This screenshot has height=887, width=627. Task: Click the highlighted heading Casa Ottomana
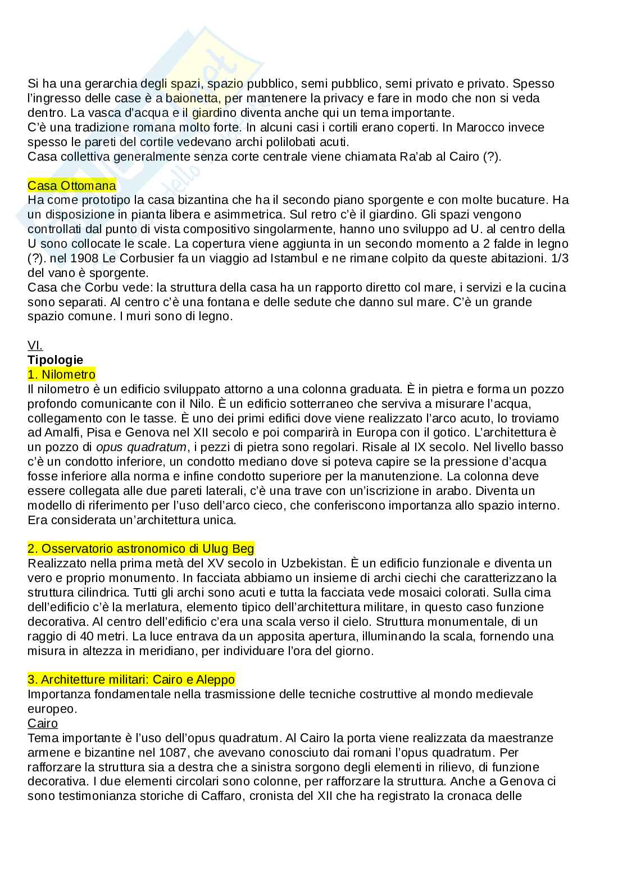click(x=72, y=185)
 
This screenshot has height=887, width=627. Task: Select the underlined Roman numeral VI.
click(x=35, y=345)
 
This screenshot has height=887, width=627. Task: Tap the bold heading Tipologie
click(x=55, y=360)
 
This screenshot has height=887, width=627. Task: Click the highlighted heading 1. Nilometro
click(x=61, y=375)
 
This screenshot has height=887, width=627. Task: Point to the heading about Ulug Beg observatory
click(x=140, y=549)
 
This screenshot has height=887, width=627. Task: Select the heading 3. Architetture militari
click(x=131, y=680)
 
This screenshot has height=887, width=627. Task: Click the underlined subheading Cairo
click(x=43, y=724)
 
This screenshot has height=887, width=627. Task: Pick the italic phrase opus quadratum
click(x=140, y=448)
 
